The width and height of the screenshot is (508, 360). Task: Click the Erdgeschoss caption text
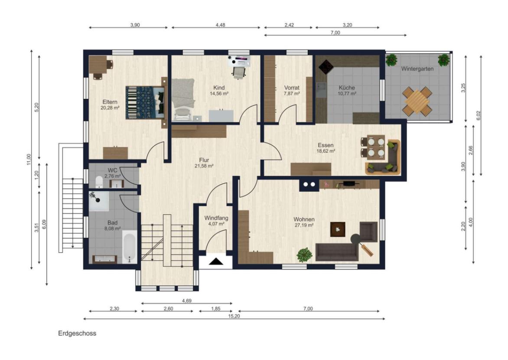click(77, 333)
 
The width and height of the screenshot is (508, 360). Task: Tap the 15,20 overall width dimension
click(234, 316)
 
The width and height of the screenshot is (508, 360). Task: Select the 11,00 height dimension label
click(29, 159)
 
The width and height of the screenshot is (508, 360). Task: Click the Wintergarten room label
click(417, 69)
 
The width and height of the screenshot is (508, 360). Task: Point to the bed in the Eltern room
click(146, 102)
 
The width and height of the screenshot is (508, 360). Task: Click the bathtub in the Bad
click(130, 248)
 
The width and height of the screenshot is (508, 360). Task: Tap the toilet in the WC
click(99, 182)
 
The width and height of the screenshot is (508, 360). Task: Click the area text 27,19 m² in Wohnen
click(304, 225)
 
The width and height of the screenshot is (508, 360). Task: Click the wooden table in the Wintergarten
click(417, 101)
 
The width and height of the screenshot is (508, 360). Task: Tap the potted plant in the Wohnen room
click(305, 255)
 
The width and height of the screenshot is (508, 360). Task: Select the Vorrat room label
click(292, 88)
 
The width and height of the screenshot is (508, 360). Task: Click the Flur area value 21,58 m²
click(204, 166)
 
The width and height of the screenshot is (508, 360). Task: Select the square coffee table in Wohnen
click(338, 229)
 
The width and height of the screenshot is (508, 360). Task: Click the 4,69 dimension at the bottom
click(187, 301)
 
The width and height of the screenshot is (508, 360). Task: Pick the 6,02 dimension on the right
click(479, 115)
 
